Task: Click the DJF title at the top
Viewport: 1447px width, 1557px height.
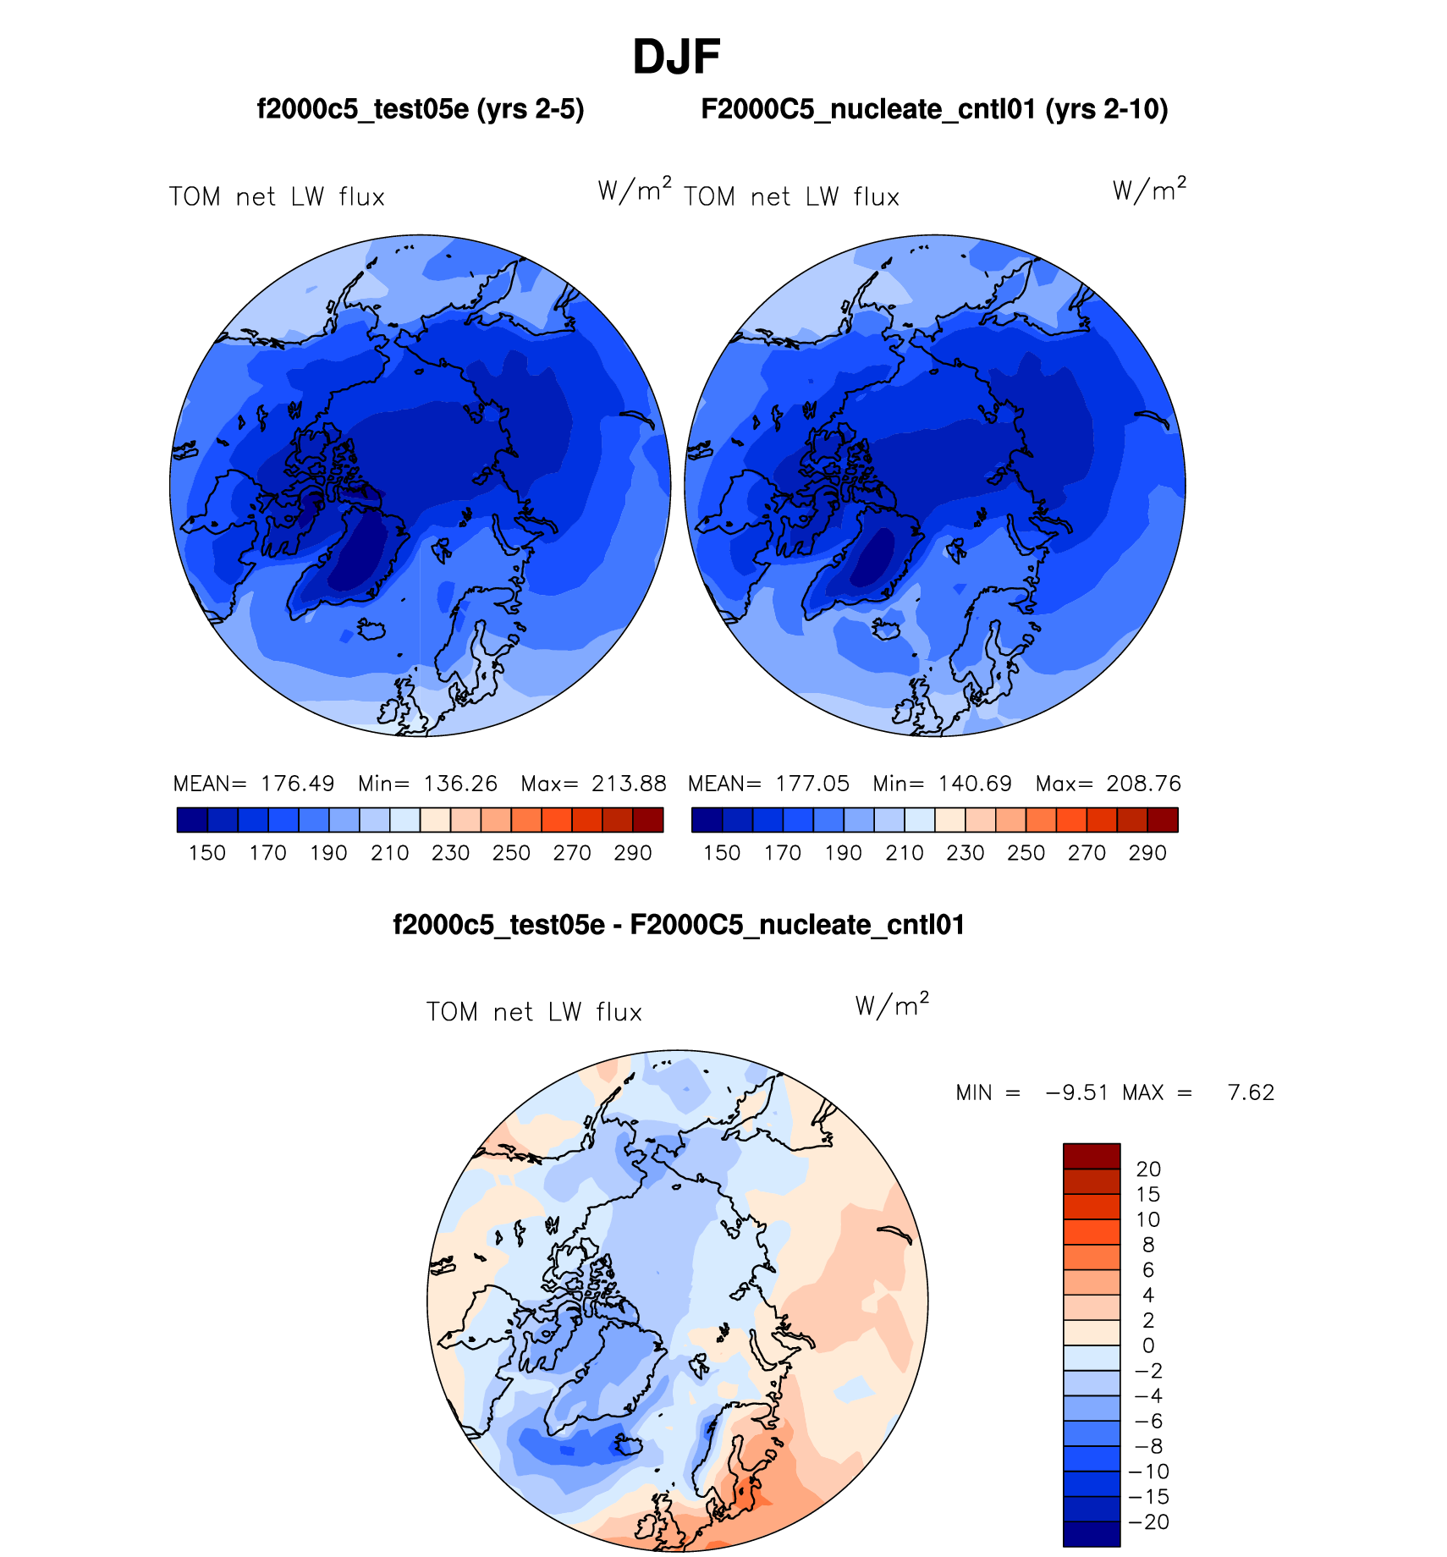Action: pos(676,58)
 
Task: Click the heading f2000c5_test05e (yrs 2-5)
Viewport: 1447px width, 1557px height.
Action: pos(421,110)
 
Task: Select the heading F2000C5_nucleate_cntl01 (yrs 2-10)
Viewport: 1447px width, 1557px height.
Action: pos(934,110)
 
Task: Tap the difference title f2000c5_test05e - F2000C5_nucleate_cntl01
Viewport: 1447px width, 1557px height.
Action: pos(679,925)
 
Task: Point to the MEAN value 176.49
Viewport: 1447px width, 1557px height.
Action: pos(297,784)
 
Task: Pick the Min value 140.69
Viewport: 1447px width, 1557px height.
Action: pos(975,784)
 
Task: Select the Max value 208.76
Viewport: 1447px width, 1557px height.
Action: pos(1143,784)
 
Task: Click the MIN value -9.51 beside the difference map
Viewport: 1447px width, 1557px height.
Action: pos(1077,1092)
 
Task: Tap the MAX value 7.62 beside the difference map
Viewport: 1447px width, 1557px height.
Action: pos(1251,1092)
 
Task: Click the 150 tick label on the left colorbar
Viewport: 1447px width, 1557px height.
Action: pos(207,853)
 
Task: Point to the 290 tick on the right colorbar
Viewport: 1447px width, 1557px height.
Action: pos(1147,853)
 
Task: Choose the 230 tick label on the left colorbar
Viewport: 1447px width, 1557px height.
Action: pos(450,853)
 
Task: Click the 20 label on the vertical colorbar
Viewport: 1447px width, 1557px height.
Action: pos(1148,1169)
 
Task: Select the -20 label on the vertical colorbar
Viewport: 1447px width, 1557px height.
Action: pos(1148,1522)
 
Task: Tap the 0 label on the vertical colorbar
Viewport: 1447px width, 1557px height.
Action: pos(1148,1345)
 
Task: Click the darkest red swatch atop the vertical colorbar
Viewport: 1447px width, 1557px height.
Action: pos(1092,1156)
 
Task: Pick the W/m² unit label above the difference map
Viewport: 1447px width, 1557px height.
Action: pos(892,1005)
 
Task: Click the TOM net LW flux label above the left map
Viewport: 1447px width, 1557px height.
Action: pos(277,197)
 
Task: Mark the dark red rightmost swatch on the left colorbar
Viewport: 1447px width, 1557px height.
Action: pos(648,820)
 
